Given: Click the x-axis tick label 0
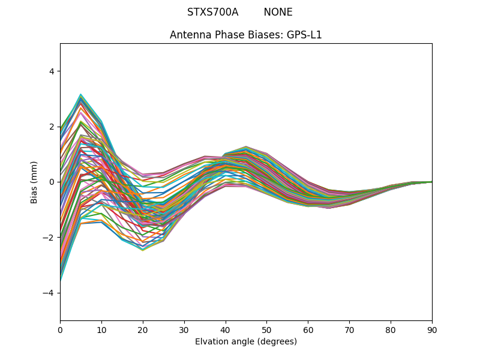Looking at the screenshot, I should [60, 329].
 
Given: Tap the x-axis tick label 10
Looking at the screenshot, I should [101, 329].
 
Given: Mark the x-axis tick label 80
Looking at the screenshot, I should [391, 329].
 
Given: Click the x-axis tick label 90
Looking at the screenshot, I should [432, 329].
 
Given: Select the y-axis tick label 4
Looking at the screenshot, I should [51, 71].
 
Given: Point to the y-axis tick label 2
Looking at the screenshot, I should [51, 127].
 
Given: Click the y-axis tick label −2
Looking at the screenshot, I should [49, 238].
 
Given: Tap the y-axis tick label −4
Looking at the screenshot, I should [49, 293].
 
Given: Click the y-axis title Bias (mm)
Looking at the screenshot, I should [34, 182].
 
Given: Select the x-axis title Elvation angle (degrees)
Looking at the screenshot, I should [246, 341].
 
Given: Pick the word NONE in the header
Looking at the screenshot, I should [278, 12].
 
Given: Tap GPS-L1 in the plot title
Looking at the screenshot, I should [303, 35].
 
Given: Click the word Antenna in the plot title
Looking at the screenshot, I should [189, 35].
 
